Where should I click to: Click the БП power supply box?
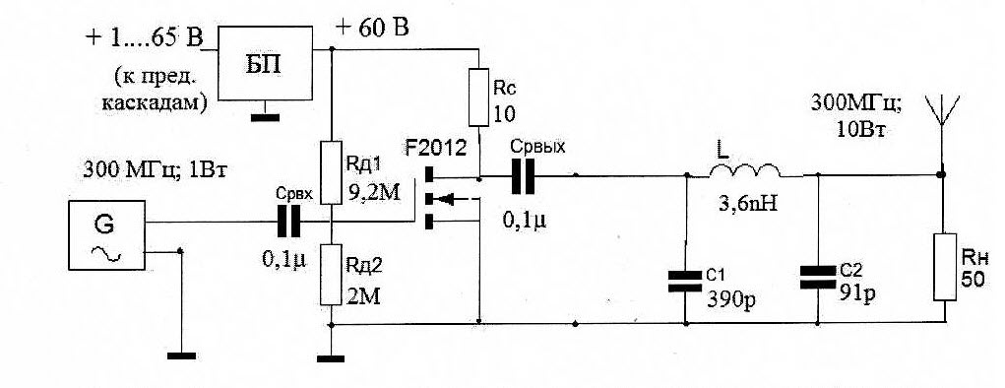pos(266,63)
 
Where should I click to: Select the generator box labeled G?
pos(107,234)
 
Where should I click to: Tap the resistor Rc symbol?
pos(479,97)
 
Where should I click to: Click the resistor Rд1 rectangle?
pos(331,173)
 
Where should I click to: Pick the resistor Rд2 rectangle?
pos(331,275)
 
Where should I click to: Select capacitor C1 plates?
pos(685,282)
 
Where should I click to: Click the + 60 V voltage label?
pos(372,29)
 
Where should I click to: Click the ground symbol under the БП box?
pos(266,117)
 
